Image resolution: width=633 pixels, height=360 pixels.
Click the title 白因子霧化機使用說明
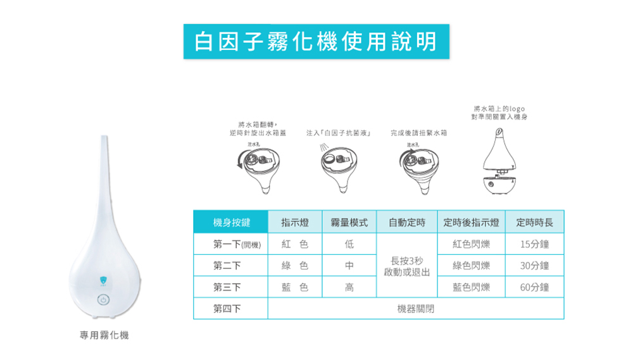click(x=316, y=41)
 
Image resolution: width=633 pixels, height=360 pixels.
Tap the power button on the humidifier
click(x=103, y=300)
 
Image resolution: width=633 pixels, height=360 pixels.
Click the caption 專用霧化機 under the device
click(x=104, y=335)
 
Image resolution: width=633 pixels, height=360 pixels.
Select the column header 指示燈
click(x=295, y=223)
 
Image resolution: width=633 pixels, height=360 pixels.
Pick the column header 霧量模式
click(x=349, y=223)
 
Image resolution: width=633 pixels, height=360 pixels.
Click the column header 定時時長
click(x=534, y=223)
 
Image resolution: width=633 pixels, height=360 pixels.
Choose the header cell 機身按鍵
click(x=232, y=223)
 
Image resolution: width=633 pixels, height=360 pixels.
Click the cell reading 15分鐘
click(x=534, y=245)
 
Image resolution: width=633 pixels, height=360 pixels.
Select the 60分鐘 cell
click(x=534, y=288)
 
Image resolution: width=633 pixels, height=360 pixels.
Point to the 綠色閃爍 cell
click(x=472, y=266)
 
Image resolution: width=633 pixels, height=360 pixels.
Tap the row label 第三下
click(x=228, y=288)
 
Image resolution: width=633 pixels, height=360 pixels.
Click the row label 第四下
click(x=228, y=309)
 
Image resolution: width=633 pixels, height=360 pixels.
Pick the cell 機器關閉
click(x=416, y=309)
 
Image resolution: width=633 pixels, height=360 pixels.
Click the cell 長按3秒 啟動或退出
click(x=408, y=266)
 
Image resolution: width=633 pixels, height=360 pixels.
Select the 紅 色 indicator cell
click(x=295, y=245)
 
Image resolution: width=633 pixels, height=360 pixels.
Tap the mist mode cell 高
click(x=349, y=288)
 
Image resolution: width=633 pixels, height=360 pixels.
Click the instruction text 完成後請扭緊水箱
click(x=418, y=133)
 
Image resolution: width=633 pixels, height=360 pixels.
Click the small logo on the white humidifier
click(x=103, y=279)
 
